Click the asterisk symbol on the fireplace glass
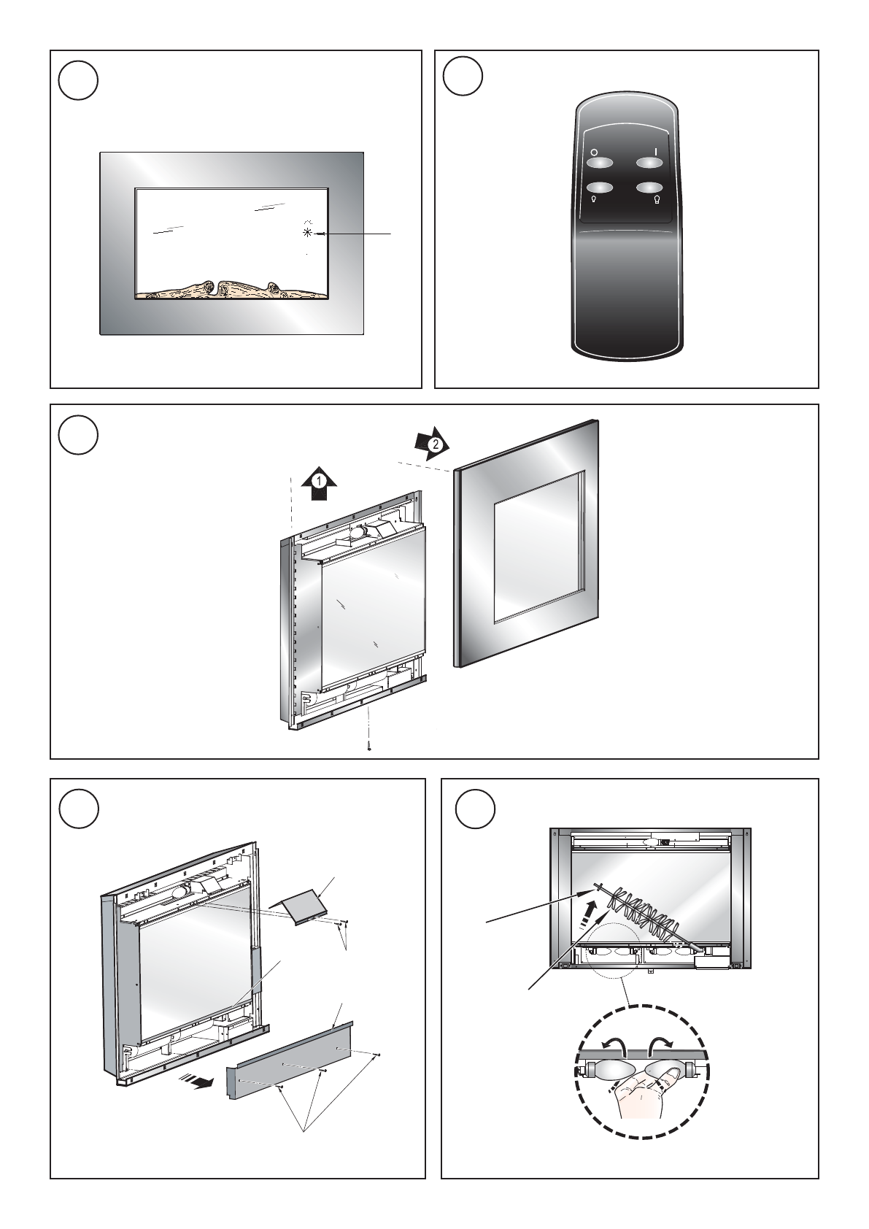click(x=307, y=233)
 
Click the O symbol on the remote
click(x=594, y=153)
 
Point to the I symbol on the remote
click(x=655, y=152)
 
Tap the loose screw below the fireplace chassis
click(x=369, y=747)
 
